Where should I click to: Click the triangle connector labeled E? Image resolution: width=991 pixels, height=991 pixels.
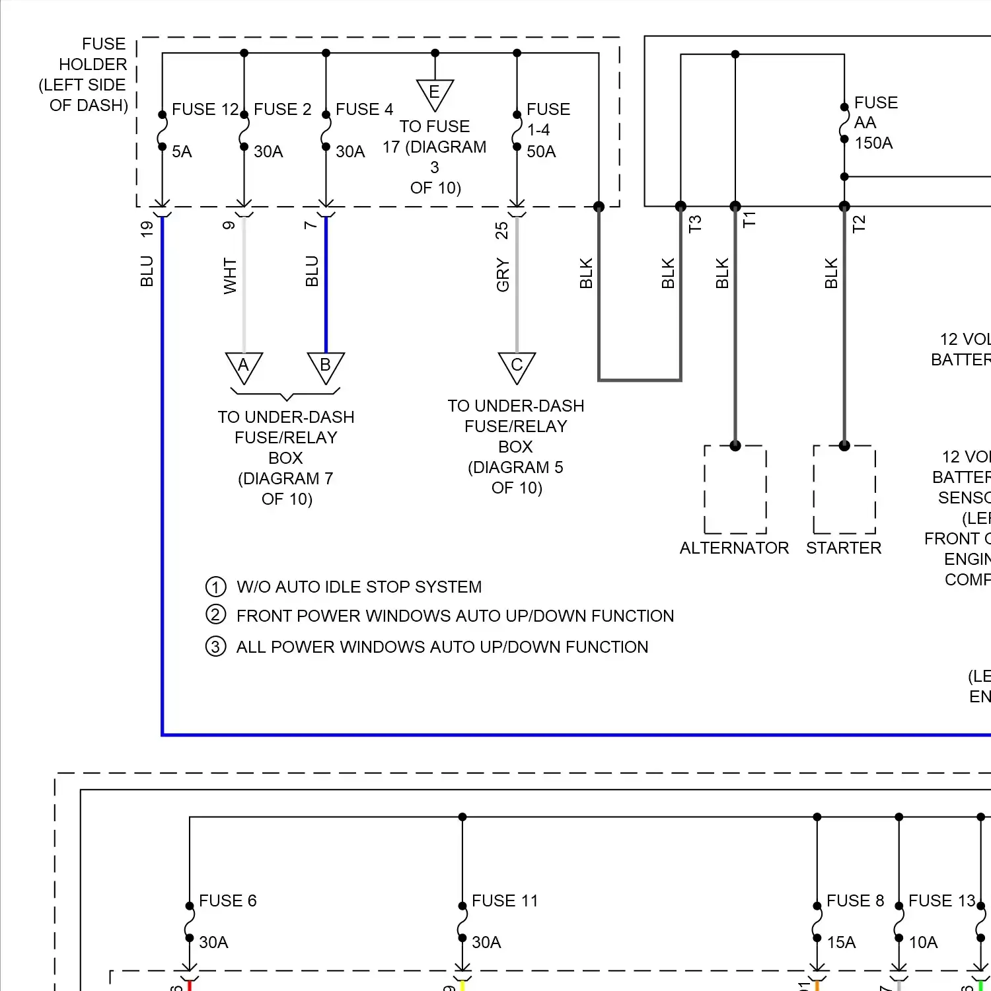pos(435,94)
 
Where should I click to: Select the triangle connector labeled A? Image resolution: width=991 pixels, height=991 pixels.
pos(244,366)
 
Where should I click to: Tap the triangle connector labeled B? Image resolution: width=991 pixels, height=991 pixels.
pos(326,366)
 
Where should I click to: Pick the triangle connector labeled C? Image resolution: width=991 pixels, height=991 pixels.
pos(517,366)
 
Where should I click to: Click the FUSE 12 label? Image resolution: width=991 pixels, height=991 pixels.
pos(205,109)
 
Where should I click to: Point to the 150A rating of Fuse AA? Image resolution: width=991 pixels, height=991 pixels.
pos(873,143)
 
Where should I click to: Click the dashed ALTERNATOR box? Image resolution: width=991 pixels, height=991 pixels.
pos(735,490)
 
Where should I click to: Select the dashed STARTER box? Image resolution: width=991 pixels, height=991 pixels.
pos(844,490)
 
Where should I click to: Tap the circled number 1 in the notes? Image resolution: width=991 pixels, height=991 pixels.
pos(215,587)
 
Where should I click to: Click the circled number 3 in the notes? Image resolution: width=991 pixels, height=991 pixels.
pos(215,646)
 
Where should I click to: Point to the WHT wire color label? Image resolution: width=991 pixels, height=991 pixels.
pos(229,275)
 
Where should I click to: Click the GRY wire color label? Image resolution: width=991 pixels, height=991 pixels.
pos(503,275)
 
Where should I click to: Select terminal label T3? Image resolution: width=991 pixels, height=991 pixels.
pos(694,224)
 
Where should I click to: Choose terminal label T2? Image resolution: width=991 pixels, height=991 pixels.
pos(858,224)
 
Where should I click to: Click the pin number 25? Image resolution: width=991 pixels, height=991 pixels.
pos(501,230)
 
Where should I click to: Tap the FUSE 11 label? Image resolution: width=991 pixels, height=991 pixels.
pos(505,900)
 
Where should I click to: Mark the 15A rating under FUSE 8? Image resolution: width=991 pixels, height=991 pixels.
pos(841,942)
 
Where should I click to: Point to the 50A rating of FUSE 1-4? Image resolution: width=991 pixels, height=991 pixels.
pos(541,152)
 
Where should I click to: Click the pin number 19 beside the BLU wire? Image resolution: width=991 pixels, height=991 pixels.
pos(147,229)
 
